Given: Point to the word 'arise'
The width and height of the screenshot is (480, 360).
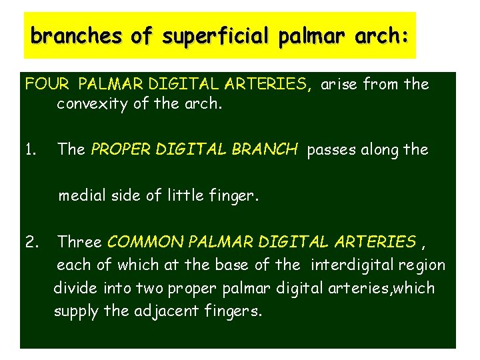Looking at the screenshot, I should [x=337, y=85].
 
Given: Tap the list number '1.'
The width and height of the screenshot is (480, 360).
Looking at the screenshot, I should [x=31, y=149].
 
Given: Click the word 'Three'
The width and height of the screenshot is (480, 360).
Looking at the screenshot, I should [x=79, y=241].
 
